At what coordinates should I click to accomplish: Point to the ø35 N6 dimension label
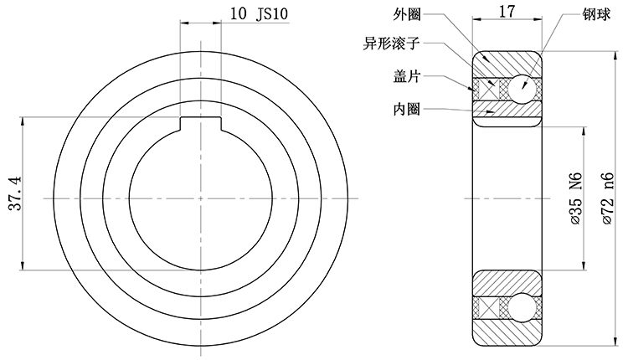pyautogui.click(x=575, y=199)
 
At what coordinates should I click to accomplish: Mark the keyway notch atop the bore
pyautogui.click(x=202, y=124)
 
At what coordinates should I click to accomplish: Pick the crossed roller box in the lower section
pyautogui.click(x=489, y=308)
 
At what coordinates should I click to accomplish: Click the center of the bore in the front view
pyautogui.click(x=202, y=198)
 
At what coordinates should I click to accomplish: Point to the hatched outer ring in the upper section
pyautogui.click(x=507, y=64)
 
